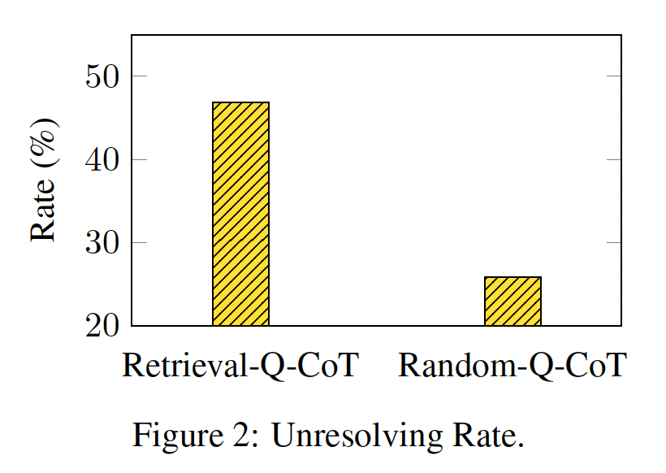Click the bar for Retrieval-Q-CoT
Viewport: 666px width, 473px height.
coord(240,214)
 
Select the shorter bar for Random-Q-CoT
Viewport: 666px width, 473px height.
coord(512,301)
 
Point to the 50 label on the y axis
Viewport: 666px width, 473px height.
coord(103,76)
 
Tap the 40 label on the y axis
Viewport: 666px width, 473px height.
coord(103,159)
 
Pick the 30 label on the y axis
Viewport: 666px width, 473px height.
coord(103,243)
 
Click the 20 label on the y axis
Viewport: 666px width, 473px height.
coord(103,326)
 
